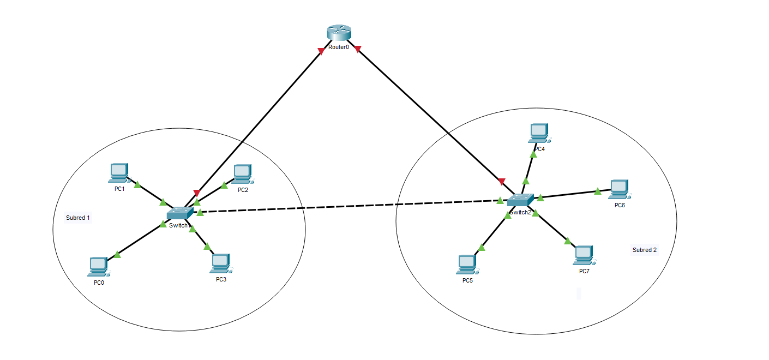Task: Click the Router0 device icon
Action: pyautogui.click(x=339, y=33)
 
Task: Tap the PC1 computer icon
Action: pyautogui.click(x=118, y=172)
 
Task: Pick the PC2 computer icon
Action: pyautogui.click(x=242, y=173)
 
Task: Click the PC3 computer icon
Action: pyautogui.click(x=219, y=263)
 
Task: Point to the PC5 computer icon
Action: pyautogui.click(x=467, y=264)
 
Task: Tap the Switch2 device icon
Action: pyautogui.click(x=520, y=201)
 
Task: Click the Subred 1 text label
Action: pyautogui.click(x=78, y=218)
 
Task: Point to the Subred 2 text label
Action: pyautogui.click(x=645, y=250)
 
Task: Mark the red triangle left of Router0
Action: pyautogui.click(x=321, y=51)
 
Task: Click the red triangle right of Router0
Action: pyautogui.click(x=358, y=50)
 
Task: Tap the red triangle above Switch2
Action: pyautogui.click(x=502, y=181)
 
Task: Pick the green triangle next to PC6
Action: pyautogui.click(x=598, y=191)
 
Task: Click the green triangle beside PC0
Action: pyautogui.click(x=117, y=254)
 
